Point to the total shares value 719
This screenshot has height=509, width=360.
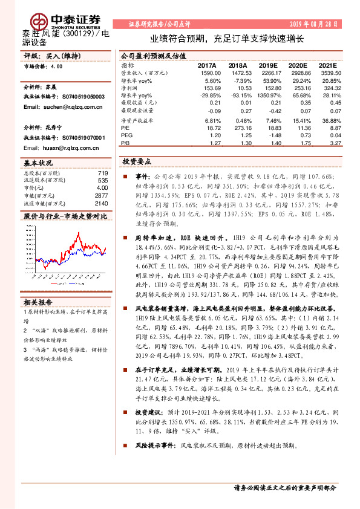point(103,173)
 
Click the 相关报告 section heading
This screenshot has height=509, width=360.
point(39,302)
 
